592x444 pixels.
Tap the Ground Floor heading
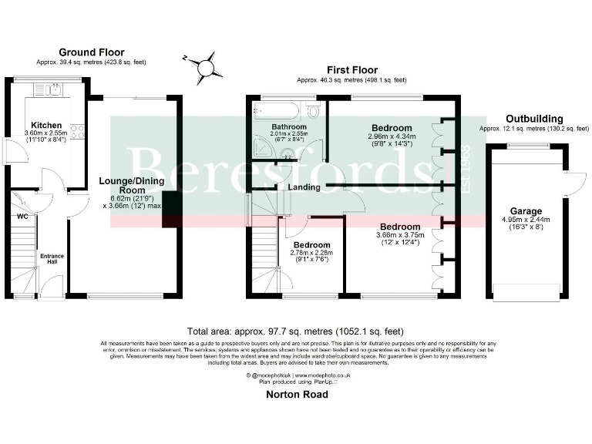tap(90, 52)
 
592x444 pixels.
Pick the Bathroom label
tap(289, 126)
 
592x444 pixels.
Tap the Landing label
tap(304, 187)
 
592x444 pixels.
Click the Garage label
tap(526, 210)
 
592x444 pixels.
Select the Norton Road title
tap(296, 395)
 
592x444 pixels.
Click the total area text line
tap(296, 328)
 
